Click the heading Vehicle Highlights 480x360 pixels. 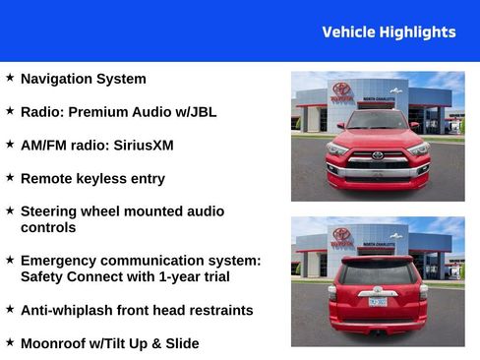pos(389,32)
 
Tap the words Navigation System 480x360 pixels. pos(84,79)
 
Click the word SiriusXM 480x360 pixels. pos(141,146)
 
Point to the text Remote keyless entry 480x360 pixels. pos(92,179)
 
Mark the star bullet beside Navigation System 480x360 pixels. pos(10,77)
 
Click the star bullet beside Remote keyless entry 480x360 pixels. pos(10,177)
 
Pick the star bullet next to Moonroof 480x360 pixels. pos(10,341)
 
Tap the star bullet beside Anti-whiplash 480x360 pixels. pos(10,309)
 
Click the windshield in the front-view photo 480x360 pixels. pos(377,121)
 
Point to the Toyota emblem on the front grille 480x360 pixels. pos(377,155)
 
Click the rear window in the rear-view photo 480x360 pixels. pos(377,272)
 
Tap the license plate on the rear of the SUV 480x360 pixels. pos(377,302)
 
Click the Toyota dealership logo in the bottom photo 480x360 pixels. pos(341,235)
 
